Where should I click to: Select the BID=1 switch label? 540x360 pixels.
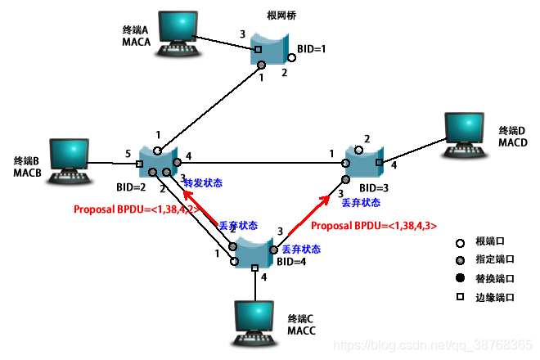tap(312, 49)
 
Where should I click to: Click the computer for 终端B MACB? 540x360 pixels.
tap(69, 161)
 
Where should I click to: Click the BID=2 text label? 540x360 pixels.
tap(131, 187)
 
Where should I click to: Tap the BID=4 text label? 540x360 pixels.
tap(291, 262)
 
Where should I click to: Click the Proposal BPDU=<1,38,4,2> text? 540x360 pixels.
tap(137, 209)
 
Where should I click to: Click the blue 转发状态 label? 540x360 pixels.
tap(203, 182)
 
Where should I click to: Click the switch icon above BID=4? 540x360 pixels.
tap(254, 250)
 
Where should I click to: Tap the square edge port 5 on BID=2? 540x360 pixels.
tap(139, 164)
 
